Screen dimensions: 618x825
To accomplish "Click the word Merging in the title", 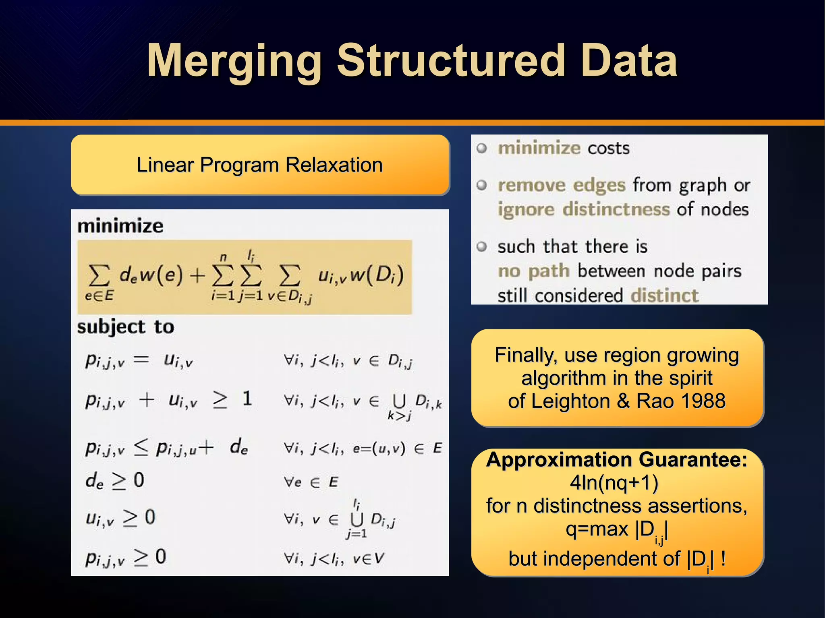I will (x=234, y=61).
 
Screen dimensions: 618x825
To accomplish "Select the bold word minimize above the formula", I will (x=120, y=226).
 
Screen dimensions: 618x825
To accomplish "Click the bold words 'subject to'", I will (x=126, y=327).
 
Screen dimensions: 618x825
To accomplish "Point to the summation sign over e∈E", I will (x=99, y=276).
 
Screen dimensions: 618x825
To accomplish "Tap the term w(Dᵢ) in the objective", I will (x=377, y=275).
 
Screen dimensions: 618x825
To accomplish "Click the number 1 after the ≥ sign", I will (x=247, y=399).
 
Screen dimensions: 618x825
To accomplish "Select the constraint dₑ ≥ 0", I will (x=115, y=480).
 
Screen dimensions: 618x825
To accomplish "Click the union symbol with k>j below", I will (x=399, y=401).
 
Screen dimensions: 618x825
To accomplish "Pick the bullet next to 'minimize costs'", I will (x=482, y=148).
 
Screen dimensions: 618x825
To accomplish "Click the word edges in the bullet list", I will (x=599, y=185).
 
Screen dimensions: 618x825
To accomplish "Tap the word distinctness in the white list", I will (x=616, y=210).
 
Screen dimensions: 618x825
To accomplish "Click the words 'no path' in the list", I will (x=533, y=271).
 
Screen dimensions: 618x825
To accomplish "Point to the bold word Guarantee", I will (x=692, y=460).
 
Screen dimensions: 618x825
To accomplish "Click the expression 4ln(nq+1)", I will (x=614, y=483).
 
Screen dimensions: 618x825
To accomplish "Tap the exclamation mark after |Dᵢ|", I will (x=723, y=558).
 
